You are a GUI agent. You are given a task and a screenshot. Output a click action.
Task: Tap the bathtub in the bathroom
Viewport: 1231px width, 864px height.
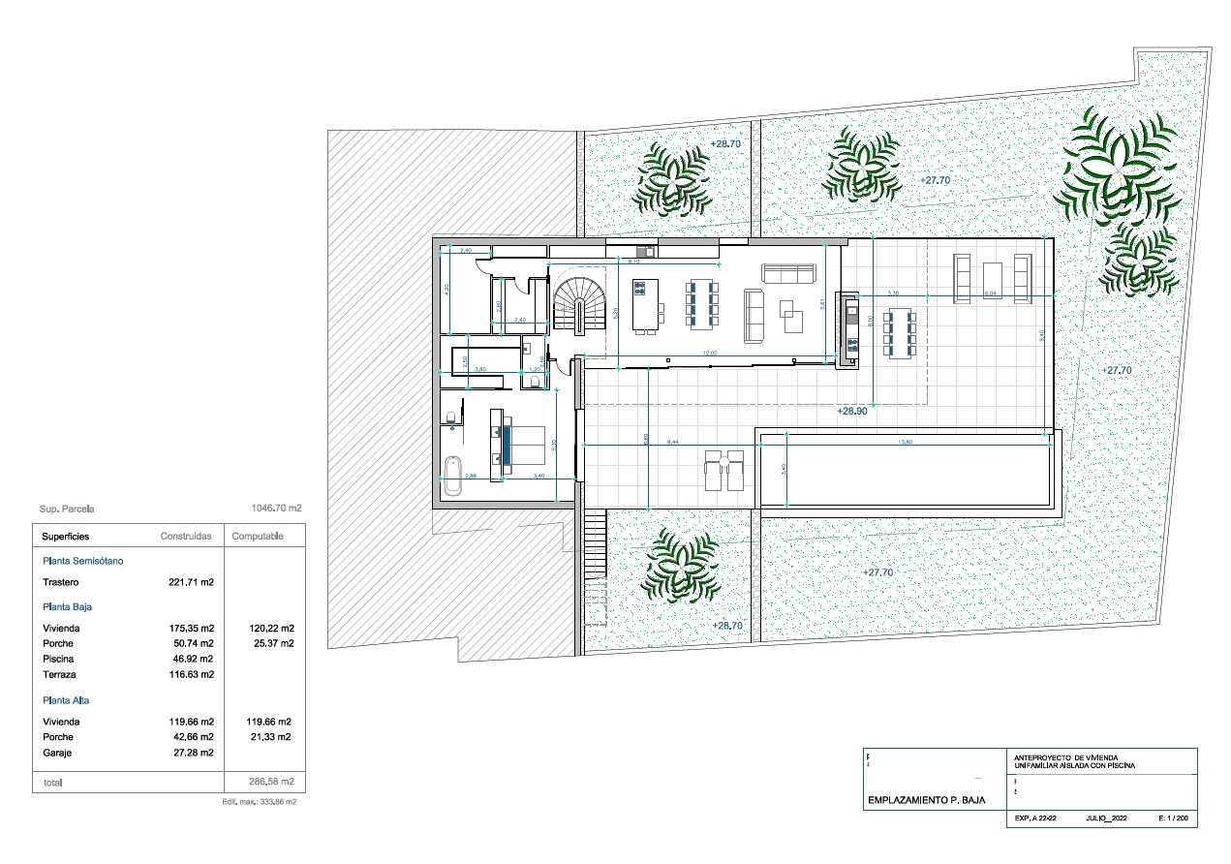click(x=451, y=476)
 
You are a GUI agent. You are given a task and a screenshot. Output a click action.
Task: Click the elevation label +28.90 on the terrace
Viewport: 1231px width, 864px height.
click(x=851, y=411)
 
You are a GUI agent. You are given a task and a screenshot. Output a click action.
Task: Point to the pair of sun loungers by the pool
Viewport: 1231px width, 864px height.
click(x=723, y=470)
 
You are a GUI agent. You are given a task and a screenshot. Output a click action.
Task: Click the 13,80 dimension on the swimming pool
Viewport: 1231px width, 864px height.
click(x=906, y=442)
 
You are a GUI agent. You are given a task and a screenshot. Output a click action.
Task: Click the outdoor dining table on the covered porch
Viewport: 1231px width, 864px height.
click(x=901, y=332)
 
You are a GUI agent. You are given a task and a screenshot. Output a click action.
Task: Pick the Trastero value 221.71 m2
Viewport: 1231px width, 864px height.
click(x=191, y=583)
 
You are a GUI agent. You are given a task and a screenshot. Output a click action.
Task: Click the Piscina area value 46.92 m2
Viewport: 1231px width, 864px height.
click(x=191, y=659)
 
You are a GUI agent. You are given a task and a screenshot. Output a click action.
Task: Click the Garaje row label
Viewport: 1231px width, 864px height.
click(x=58, y=753)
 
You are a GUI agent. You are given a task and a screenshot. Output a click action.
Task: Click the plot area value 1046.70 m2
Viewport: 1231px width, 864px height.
click(x=276, y=508)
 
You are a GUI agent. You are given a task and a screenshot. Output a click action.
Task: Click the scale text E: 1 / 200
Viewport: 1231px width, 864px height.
click(x=1172, y=818)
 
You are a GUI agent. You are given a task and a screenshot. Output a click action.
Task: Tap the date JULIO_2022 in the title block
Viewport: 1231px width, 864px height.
click(x=1107, y=818)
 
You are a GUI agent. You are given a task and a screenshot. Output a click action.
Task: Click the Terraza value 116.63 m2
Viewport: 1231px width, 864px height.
click(x=191, y=674)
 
